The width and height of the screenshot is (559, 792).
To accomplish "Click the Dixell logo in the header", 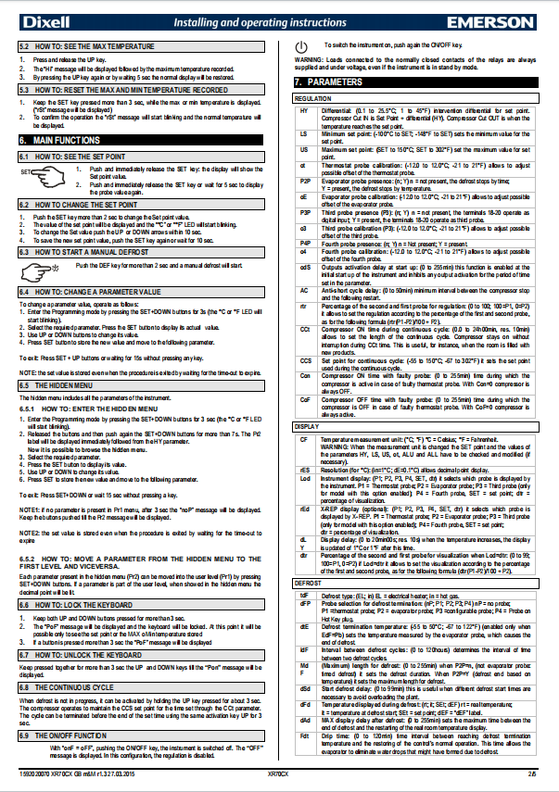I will click(x=44, y=16).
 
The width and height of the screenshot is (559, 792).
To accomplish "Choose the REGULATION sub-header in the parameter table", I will click(x=312, y=97).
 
